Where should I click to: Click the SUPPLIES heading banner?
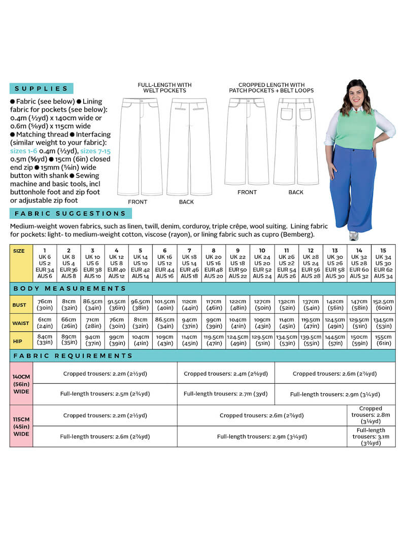pyautogui.click(x=41, y=88)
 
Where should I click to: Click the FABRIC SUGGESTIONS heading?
pyautogui.click(x=70, y=214)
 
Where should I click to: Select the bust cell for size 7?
pyautogui.click(x=189, y=305)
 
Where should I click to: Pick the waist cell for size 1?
pyautogui.click(x=44, y=323)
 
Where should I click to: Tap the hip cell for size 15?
pyautogui.click(x=383, y=340)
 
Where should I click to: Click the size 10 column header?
pyautogui.click(x=262, y=263)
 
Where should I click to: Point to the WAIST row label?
pyautogui.click(x=21, y=323)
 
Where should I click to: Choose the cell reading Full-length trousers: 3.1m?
pyautogui.click(x=370, y=436)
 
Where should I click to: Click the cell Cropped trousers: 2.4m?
pyautogui.click(x=226, y=373)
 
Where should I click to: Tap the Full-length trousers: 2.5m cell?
pyautogui.click(x=105, y=394)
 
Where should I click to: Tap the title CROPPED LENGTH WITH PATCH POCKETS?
pyautogui.click(x=271, y=88)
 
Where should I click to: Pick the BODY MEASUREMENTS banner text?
pyautogui.click(x=70, y=288)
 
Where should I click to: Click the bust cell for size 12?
pyautogui.click(x=311, y=305)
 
